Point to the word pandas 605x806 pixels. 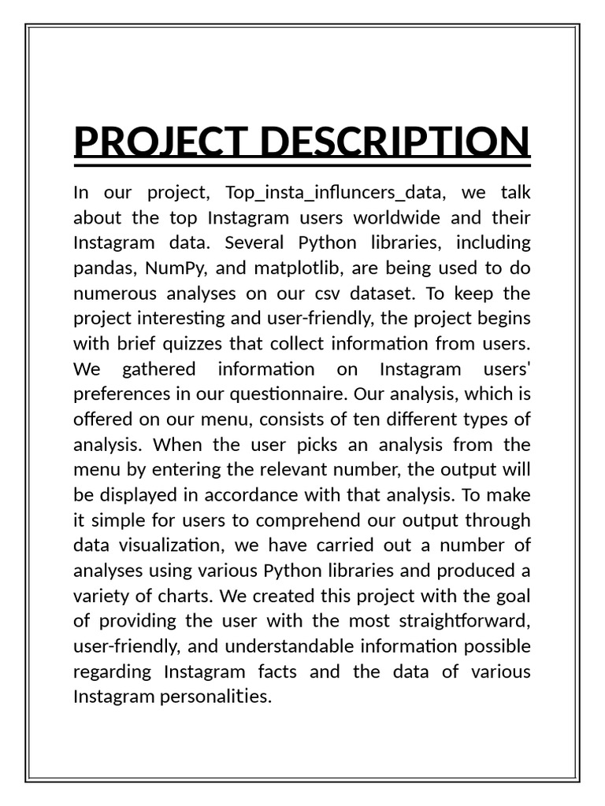point(104,268)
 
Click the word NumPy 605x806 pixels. point(171,268)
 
